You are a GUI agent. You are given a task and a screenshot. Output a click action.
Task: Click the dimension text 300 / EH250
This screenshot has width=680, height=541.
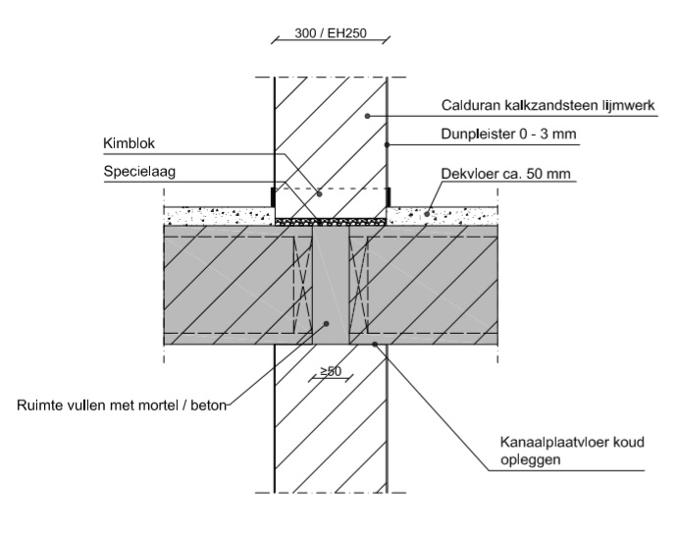point(330,34)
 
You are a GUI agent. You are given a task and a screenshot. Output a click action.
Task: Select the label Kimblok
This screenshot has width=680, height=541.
point(130,143)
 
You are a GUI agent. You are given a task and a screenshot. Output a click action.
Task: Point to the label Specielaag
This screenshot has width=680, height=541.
point(137,171)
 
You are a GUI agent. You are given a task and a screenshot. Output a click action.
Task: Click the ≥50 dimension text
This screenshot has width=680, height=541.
point(330,372)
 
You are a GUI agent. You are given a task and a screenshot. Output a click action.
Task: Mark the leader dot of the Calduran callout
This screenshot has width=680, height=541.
point(367,116)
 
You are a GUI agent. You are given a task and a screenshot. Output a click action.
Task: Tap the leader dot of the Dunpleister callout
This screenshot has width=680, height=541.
point(387,145)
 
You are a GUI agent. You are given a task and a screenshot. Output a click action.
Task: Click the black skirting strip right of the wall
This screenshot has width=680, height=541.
point(390,195)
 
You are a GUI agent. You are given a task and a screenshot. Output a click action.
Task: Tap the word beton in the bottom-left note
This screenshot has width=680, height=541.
point(207,402)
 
